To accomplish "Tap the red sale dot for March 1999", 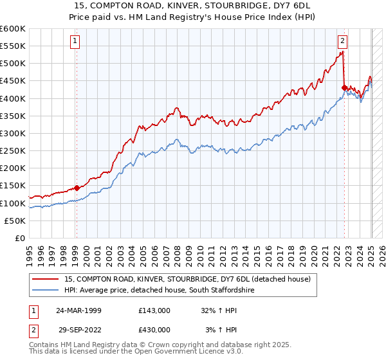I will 77,188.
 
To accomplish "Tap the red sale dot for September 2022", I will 345,87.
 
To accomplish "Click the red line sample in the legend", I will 46,279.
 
